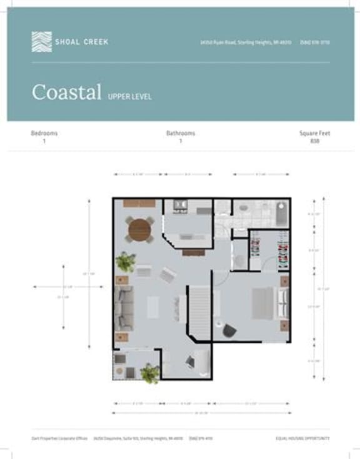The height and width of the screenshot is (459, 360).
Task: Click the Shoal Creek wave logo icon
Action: coord(41,41)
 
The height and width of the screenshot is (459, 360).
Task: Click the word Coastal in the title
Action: coord(67,93)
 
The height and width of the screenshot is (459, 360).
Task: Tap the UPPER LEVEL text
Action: coord(129,97)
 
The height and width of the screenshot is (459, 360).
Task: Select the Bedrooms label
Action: coord(44,133)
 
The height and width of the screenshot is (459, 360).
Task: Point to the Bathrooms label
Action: coord(181,133)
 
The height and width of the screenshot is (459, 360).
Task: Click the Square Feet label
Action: coord(314,133)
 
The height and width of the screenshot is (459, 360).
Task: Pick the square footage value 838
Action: coord(314,141)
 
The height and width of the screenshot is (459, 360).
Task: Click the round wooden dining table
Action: coord(140,230)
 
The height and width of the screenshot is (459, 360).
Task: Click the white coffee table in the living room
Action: coord(154,307)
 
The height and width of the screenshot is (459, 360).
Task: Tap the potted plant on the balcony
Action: coord(150,373)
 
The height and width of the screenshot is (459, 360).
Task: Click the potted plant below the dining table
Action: coord(126,262)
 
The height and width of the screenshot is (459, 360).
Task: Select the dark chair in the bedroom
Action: coord(229,331)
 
